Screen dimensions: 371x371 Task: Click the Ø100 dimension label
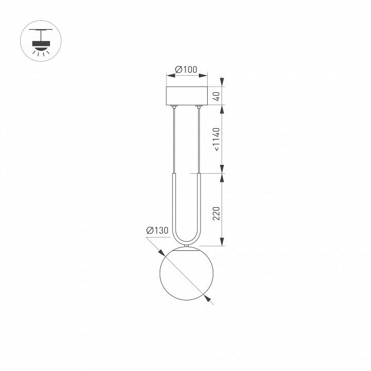(x=186, y=70)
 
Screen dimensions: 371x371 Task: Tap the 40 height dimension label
(x=216, y=96)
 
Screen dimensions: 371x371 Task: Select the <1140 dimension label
(x=216, y=139)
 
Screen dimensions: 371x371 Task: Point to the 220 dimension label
(x=216, y=213)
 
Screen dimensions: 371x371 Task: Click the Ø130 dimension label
(x=157, y=230)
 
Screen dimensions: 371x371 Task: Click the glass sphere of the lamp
(x=187, y=274)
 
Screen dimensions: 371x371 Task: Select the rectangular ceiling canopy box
(x=187, y=96)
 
